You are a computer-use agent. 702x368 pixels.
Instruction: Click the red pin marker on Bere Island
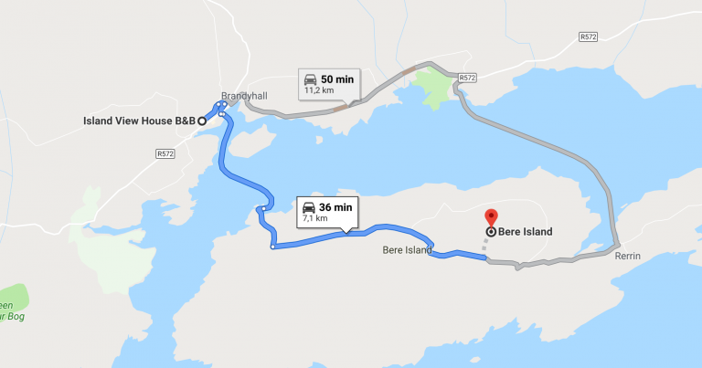[490, 217]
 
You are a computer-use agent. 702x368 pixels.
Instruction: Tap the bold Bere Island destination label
[526, 232]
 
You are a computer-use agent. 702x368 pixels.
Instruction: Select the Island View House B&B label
[138, 121]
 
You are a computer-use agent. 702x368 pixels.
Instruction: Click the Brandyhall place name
[241, 95]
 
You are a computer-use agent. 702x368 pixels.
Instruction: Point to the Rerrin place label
[628, 257]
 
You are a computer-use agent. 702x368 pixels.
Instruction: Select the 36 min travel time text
[335, 206]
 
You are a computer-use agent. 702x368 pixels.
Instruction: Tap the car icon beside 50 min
[310, 79]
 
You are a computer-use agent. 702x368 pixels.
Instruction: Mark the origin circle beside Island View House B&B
[202, 121]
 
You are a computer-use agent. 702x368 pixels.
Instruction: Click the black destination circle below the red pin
[491, 232]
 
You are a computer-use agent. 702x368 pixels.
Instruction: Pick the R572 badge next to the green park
[467, 79]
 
